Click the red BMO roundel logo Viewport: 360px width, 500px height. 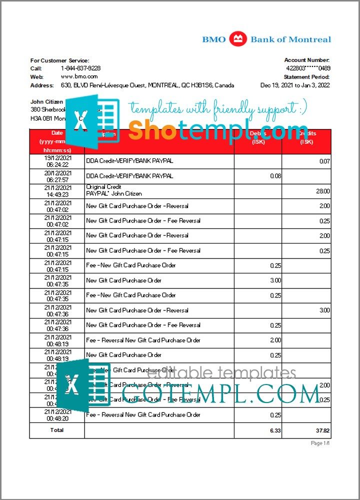tap(238, 39)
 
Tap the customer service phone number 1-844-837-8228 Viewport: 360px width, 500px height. tap(80, 68)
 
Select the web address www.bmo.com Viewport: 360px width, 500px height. tap(79, 76)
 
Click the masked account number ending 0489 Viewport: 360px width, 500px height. tap(307, 68)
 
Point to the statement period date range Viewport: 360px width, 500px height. tap(295, 85)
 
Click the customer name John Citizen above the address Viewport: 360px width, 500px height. tap(46, 101)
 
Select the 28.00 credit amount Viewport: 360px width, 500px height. tap(323, 191)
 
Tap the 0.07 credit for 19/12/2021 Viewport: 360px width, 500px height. tap(324, 161)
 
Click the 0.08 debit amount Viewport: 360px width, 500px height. tap(275, 176)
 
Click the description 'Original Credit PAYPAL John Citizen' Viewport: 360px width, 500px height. tap(114, 190)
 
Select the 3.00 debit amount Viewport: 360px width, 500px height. tap(275, 280)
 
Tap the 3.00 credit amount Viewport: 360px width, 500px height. tap(324, 310)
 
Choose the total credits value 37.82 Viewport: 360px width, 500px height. tap(322, 430)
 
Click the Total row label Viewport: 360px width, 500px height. tap(57, 430)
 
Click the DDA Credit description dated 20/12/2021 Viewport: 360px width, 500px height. tap(129, 176)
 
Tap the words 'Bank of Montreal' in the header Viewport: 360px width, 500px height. tap(290, 39)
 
